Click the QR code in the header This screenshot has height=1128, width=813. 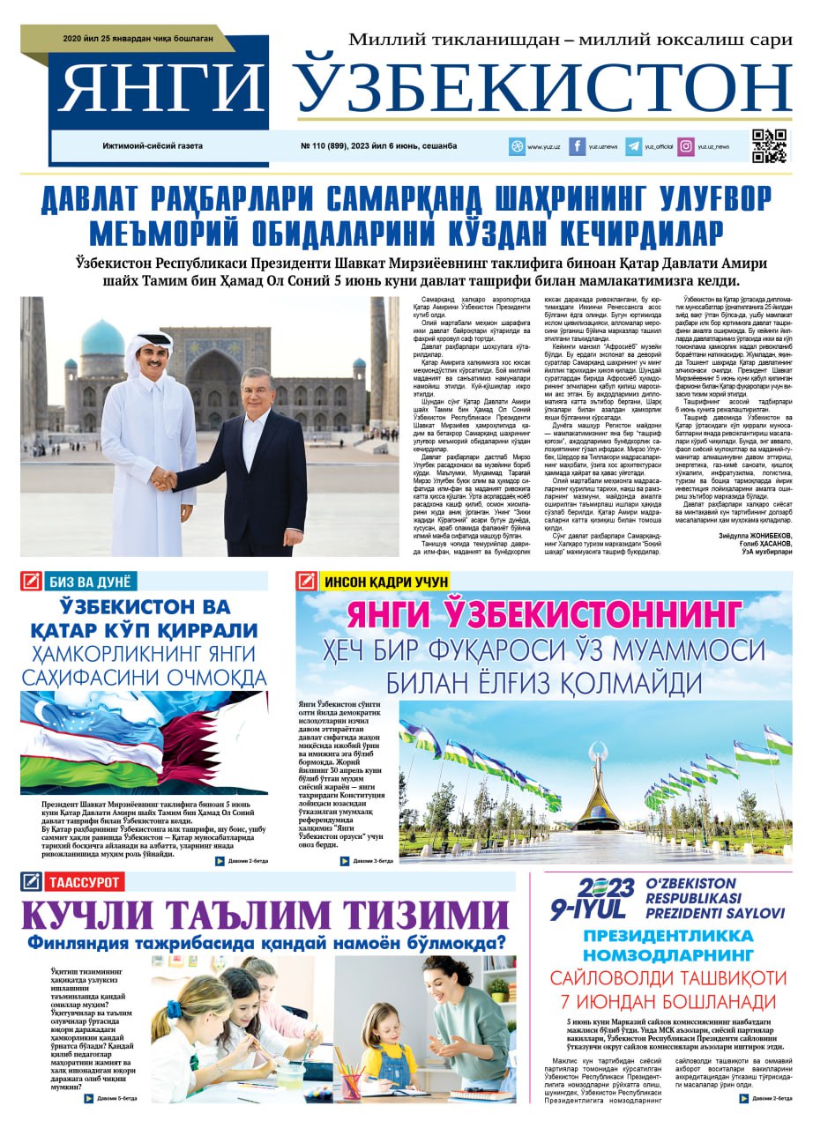click(769, 146)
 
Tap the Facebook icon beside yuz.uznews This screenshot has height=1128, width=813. click(578, 146)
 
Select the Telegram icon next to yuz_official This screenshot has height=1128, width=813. click(633, 146)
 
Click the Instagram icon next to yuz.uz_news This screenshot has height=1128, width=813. click(685, 146)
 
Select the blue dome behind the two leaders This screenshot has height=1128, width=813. click(102, 338)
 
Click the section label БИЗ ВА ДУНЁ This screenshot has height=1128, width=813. click(89, 581)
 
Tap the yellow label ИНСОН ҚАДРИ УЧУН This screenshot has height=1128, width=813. click(386, 582)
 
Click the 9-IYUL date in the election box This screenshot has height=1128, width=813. click(589, 909)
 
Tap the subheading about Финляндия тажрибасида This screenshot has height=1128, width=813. click(266, 943)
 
